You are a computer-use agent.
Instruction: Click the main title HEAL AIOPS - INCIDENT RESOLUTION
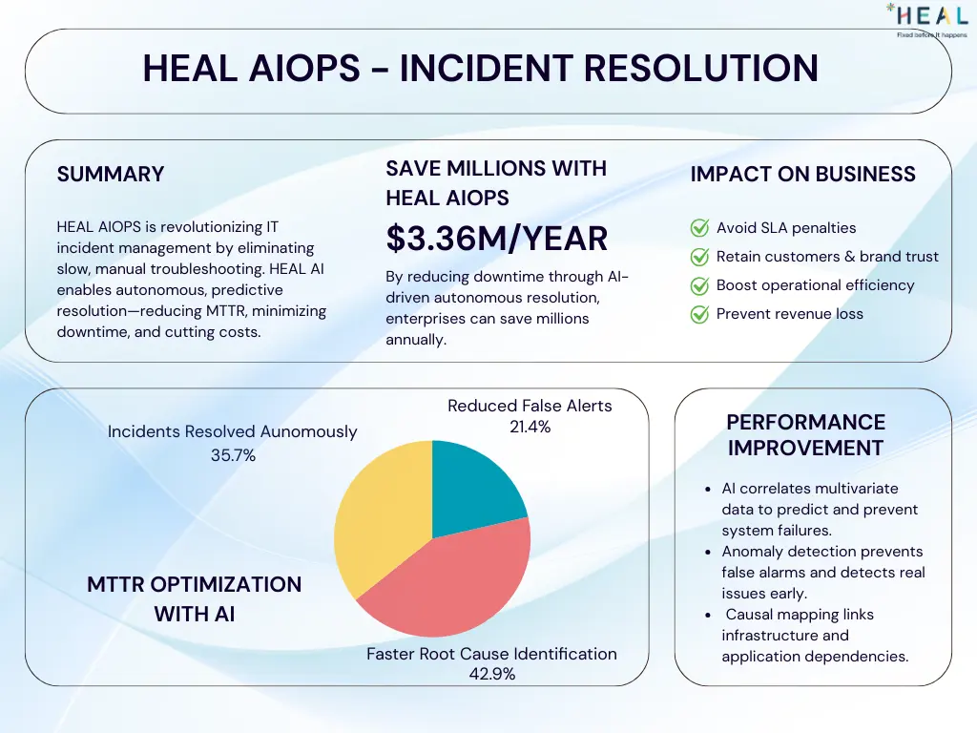(x=480, y=68)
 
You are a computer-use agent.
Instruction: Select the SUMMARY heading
(x=111, y=174)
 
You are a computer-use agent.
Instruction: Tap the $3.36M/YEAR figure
(x=496, y=239)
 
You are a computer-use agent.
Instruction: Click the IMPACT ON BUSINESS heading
(x=802, y=174)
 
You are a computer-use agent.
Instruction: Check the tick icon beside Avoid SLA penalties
(x=699, y=228)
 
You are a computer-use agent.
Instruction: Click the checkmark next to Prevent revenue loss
(x=699, y=314)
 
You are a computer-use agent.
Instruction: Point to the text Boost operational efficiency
(x=815, y=285)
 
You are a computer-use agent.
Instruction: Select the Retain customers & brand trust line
(x=827, y=257)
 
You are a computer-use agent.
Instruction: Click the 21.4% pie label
(x=530, y=428)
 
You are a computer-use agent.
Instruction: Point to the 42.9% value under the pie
(x=491, y=675)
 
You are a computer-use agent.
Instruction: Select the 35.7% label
(x=233, y=456)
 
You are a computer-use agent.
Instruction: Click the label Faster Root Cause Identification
(x=491, y=654)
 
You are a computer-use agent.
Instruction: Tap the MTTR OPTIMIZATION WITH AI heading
(x=194, y=598)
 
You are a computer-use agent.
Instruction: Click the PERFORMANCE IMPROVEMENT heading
(x=805, y=434)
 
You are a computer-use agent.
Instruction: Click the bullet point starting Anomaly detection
(x=822, y=573)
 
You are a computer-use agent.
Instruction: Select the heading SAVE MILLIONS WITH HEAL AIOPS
(x=495, y=182)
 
